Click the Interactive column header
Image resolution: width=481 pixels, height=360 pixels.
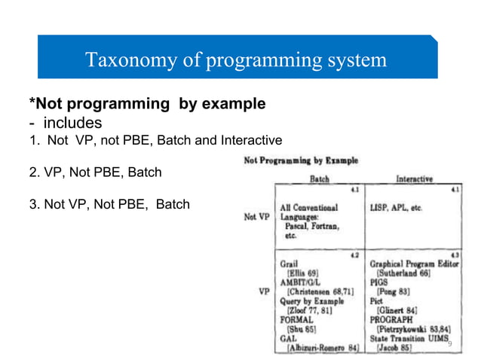point(414,178)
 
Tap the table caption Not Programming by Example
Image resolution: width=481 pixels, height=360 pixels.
point(300,160)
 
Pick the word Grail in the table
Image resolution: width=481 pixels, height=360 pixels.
point(289,264)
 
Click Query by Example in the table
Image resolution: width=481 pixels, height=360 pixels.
point(311,301)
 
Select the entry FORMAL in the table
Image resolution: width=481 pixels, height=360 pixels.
point(296,319)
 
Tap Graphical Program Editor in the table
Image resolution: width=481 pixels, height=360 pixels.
point(412,264)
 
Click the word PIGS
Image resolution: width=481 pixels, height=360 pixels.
point(378,282)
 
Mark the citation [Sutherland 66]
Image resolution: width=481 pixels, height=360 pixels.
point(406,273)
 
